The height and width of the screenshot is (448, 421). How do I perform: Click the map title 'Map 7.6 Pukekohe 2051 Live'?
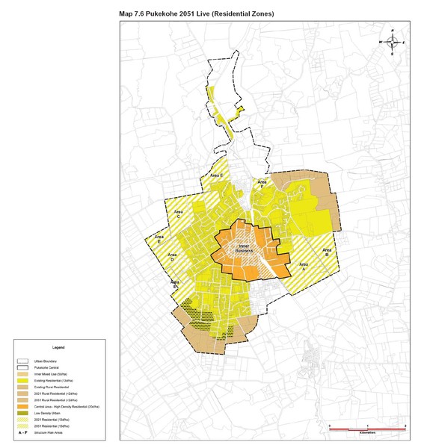pos(197,14)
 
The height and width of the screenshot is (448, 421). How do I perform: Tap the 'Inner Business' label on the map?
pos(242,249)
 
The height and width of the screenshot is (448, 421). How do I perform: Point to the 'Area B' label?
pos(327,252)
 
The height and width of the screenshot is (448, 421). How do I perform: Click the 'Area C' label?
pos(178,214)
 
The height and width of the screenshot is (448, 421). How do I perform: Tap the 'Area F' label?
pos(262,183)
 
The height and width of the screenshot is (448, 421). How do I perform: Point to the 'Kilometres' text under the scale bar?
pos(366,432)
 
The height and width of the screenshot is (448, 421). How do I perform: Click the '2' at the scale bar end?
pos(404,424)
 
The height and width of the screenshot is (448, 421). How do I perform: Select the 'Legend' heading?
pos(58,348)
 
